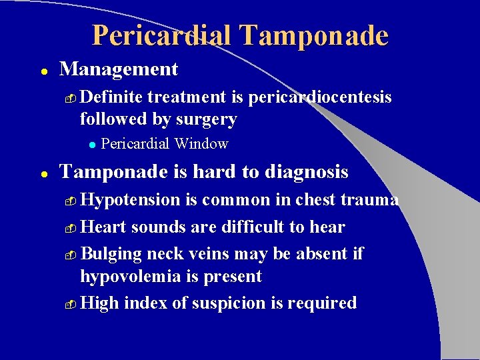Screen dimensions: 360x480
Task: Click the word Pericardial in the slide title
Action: (x=166, y=35)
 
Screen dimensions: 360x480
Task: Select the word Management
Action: (x=119, y=69)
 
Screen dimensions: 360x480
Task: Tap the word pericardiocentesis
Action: (x=319, y=97)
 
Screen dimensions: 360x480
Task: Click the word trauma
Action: (x=373, y=200)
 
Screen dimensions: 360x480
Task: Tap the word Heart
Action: (x=103, y=227)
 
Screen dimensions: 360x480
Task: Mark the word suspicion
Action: (x=231, y=303)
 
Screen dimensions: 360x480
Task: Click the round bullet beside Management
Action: (x=42, y=71)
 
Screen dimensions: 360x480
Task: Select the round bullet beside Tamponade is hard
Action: (x=42, y=173)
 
